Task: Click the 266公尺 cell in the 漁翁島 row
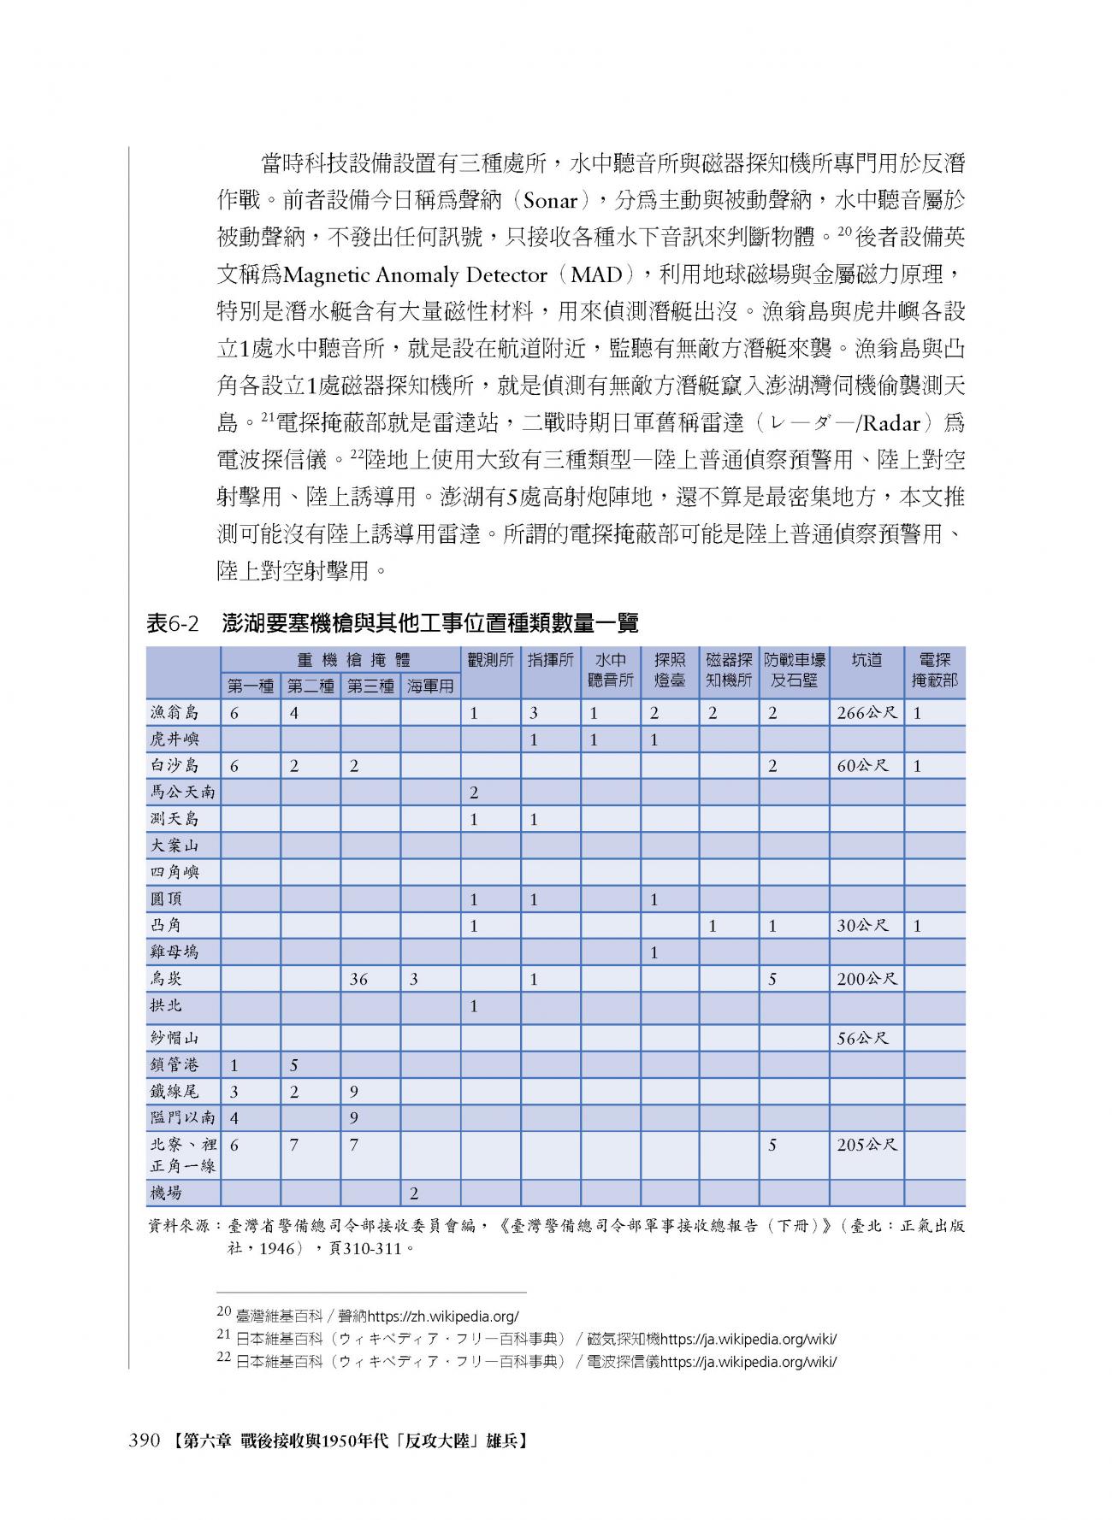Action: (x=867, y=713)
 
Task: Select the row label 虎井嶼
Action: (x=174, y=739)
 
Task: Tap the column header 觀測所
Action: (x=490, y=660)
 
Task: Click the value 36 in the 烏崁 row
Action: (x=358, y=980)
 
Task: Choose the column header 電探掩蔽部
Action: (x=934, y=670)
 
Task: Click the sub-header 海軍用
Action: (x=430, y=686)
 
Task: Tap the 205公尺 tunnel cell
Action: (x=867, y=1145)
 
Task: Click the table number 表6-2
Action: (x=172, y=623)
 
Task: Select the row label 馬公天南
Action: (x=181, y=792)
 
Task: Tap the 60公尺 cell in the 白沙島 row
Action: (x=862, y=766)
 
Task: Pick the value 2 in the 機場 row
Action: (x=414, y=1193)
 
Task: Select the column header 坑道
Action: (x=867, y=660)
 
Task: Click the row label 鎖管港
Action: (x=174, y=1065)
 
